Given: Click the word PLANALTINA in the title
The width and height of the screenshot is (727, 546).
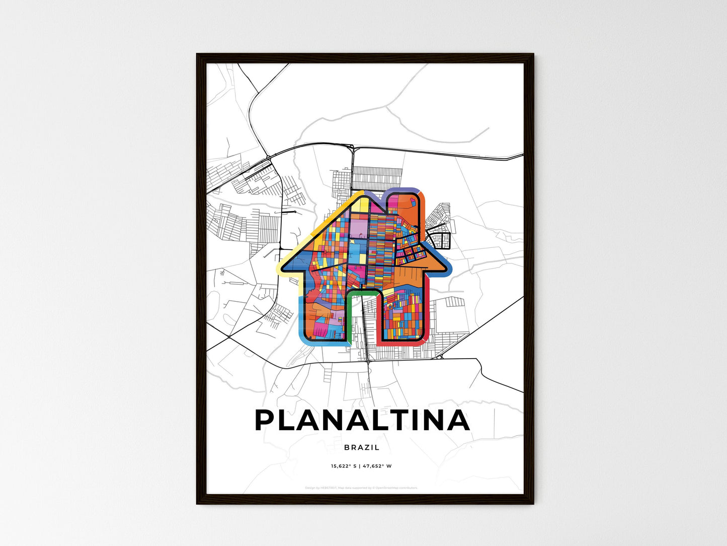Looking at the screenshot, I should (x=362, y=420).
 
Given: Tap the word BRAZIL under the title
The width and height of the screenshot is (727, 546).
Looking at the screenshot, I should (x=362, y=447).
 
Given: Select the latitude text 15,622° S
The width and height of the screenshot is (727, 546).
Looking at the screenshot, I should (x=343, y=466).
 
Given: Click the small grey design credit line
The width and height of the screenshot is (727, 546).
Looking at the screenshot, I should (x=361, y=488).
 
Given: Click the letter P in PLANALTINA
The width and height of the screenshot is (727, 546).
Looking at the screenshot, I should (x=265, y=420).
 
